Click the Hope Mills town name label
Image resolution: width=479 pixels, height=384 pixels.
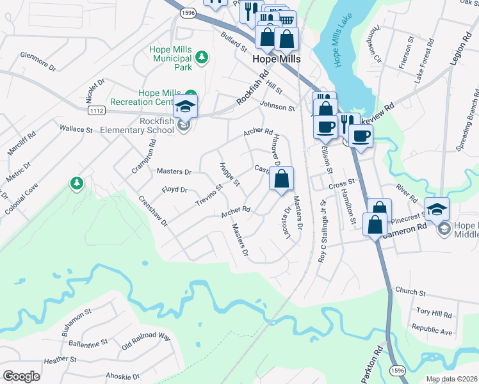277,58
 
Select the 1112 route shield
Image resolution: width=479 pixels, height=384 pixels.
97,111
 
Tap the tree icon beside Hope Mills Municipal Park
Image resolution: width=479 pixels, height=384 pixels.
202,58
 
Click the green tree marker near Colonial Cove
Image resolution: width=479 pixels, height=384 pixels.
77,184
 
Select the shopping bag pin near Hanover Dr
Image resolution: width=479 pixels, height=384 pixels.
282,180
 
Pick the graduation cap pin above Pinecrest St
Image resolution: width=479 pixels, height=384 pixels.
437,209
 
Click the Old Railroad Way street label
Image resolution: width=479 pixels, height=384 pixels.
145,337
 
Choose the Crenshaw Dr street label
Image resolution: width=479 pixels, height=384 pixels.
153,211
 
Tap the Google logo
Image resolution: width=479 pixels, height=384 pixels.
21,376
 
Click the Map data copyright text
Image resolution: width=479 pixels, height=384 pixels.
451,379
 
